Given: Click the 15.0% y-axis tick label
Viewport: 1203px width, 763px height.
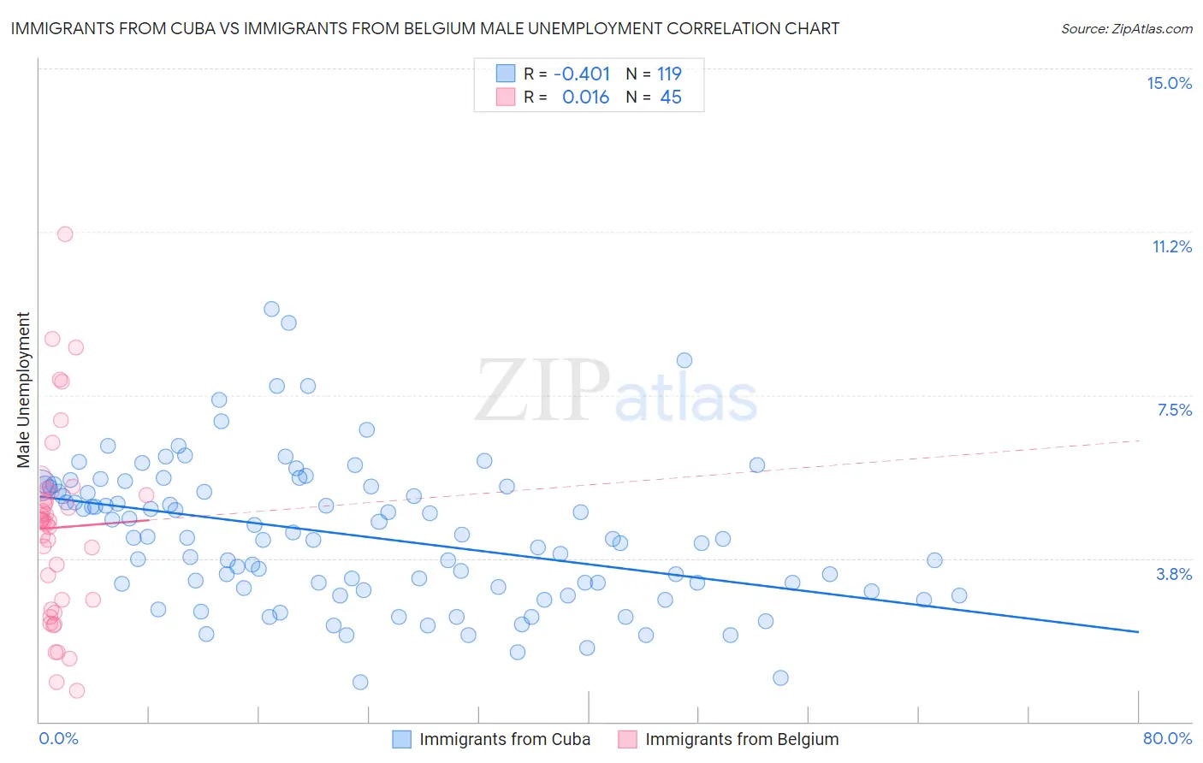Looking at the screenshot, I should point(1169,83).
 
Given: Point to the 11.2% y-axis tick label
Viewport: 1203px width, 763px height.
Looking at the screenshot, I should point(1171,246).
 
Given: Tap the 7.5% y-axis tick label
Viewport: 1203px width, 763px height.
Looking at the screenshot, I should point(1174,410).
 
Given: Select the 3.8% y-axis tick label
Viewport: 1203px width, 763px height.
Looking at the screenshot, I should point(1174,574).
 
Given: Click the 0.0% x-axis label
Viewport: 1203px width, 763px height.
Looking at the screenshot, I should point(58,738).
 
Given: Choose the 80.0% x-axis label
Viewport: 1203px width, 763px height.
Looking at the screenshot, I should point(1167,738).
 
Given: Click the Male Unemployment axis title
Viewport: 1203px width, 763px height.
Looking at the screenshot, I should point(23,390).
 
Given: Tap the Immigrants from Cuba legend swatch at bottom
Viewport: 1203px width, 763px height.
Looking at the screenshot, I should point(401,739).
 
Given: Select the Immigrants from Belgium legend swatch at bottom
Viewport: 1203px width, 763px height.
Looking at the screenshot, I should point(627,739).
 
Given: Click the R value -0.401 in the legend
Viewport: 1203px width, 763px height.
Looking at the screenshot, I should point(582,74).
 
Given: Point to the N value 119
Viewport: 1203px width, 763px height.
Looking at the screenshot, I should point(669,74).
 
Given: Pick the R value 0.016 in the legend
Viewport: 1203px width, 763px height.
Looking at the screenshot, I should point(585,98).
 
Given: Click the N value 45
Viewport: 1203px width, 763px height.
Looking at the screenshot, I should point(671,98).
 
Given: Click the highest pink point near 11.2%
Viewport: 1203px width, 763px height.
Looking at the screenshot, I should point(65,234).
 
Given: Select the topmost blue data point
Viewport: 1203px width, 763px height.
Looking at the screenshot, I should point(271,309).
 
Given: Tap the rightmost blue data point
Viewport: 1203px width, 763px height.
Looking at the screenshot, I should point(959,595).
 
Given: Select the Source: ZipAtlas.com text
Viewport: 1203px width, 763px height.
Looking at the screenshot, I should point(1126,28).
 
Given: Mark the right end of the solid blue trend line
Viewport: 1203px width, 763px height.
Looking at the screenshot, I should point(1138,631).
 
